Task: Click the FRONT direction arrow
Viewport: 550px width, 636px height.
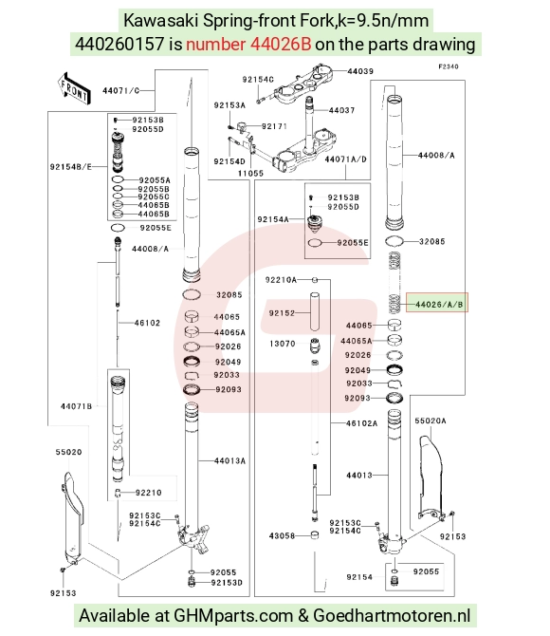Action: point(73,87)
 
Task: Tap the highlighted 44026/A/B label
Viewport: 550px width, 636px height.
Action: point(437,303)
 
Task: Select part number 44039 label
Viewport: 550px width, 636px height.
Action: point(360,71)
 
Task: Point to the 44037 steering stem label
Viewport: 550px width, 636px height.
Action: point(341,110)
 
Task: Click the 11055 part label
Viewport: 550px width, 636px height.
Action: point(250,173)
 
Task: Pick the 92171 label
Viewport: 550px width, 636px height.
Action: point(274,126)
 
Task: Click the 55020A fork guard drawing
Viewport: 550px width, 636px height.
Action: point(431,477)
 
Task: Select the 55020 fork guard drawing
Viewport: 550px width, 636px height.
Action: point(72,517)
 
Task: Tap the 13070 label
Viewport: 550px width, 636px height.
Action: point(283,344)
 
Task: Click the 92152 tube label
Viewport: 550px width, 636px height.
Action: point(282,312)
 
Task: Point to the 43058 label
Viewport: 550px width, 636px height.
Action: point(282,535)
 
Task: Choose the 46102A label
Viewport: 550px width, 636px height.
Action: point(361,423)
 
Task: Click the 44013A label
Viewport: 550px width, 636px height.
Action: point(229,460)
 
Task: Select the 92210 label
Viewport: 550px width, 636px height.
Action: point(148,493)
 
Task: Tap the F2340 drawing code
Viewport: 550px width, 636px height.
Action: point(449,66)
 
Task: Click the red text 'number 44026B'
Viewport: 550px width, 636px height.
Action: point(248,44)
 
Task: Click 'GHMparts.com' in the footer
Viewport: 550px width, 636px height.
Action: point(233,615)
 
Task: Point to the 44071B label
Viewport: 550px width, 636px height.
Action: point(76,406)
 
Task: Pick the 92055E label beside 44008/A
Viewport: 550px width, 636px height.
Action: point(156,228)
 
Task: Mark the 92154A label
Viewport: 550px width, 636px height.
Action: point(273,219)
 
